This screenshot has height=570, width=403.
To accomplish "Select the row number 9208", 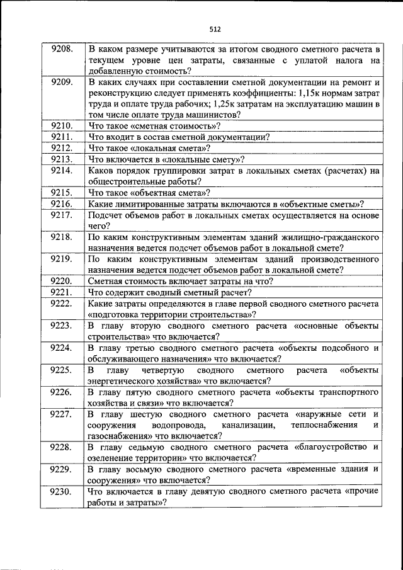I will click(62, 48).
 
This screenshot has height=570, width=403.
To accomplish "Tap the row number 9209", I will click(62, 82).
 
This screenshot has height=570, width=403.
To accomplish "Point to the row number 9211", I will click(62, 137).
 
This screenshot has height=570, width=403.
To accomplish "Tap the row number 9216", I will click(62, 203).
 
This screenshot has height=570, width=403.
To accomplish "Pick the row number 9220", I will click(62, 281).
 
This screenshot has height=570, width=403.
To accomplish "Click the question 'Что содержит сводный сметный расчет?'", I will click(171, 292).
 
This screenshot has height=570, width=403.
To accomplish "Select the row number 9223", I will click(62, 326).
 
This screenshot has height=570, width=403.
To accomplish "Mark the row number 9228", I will click(62, 447).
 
